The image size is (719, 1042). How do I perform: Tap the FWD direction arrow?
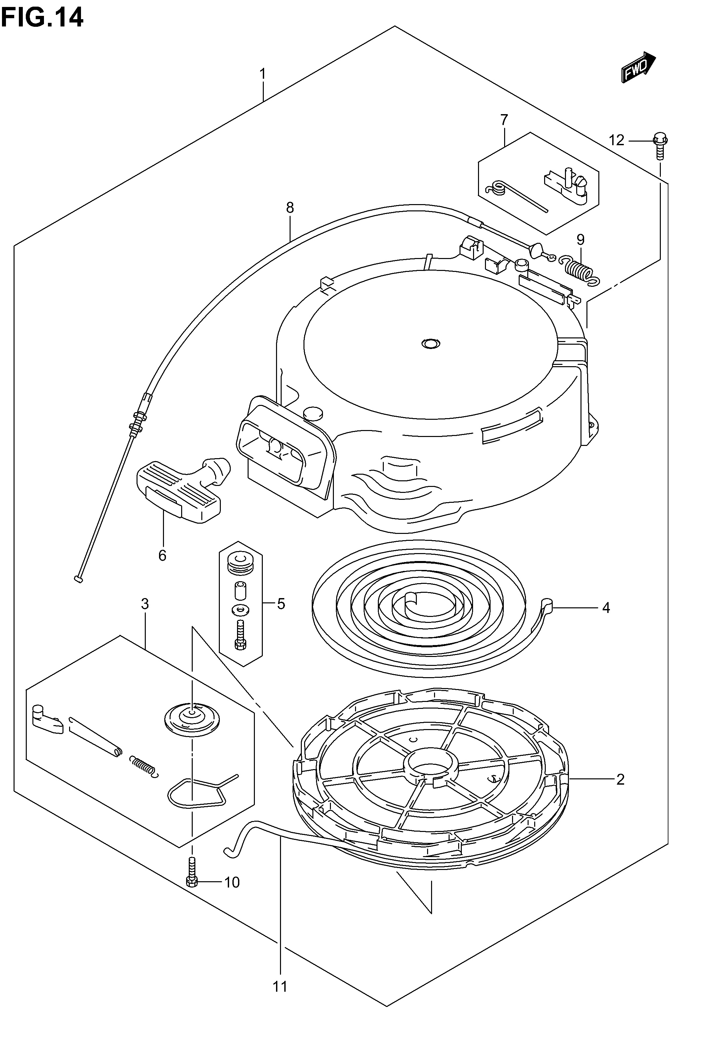tap(638, 67)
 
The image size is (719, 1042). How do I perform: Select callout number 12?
tap(617, 141)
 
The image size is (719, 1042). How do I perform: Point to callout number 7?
tap(504, 120)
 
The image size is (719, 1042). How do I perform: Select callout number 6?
tap(162, 555)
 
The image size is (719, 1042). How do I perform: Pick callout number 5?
tap(281, 603)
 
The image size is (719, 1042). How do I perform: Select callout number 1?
tap(263, 73)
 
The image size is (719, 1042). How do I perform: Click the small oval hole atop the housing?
tap(431, 344)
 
